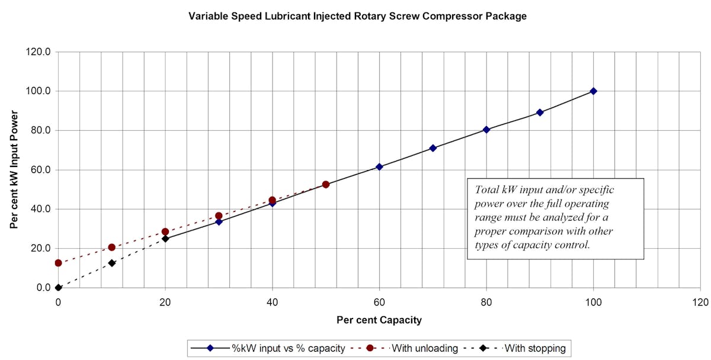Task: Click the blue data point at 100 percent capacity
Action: tap(593, 91)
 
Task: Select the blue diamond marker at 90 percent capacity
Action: tap(540, 112)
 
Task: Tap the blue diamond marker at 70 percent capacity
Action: tap(433, 148)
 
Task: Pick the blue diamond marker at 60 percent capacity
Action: tap(379, 167)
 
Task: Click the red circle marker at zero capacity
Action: tap(58, 263)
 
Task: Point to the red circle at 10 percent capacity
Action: tap(111, 247)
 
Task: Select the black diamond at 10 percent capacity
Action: tap(111, 263)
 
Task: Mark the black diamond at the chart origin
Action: tap(58, 288)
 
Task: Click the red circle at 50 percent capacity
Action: tap(326, 185)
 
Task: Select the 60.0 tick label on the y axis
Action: tap(41, 170)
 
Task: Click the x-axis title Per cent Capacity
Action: tap(379, 320)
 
